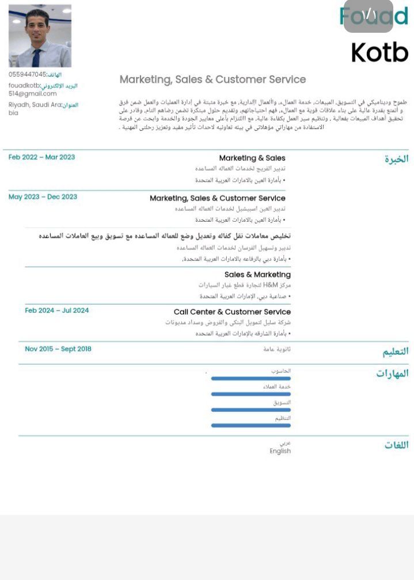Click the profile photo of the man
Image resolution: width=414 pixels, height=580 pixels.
40,36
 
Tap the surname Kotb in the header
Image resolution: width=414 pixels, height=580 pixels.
379,52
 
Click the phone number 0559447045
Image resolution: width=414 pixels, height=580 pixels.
27,74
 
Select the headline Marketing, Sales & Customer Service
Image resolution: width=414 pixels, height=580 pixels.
212,79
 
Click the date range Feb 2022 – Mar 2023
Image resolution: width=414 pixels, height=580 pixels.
41,157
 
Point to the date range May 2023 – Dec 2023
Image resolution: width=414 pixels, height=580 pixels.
43,197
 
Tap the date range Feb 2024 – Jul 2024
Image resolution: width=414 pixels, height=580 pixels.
57,310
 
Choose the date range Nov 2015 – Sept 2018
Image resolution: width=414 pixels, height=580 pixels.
58,348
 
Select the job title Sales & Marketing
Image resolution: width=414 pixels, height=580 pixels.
257,275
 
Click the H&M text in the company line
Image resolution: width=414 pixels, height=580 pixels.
271,285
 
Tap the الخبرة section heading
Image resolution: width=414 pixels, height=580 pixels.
396,160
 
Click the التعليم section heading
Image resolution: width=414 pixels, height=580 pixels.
396,351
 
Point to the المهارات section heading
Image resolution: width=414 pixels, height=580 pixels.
392,374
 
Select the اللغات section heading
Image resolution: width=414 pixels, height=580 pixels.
396,445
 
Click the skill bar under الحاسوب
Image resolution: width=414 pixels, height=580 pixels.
250,378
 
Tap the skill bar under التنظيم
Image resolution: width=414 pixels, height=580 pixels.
250,425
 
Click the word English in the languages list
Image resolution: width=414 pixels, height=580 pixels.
280,451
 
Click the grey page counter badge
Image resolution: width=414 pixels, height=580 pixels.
368,16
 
